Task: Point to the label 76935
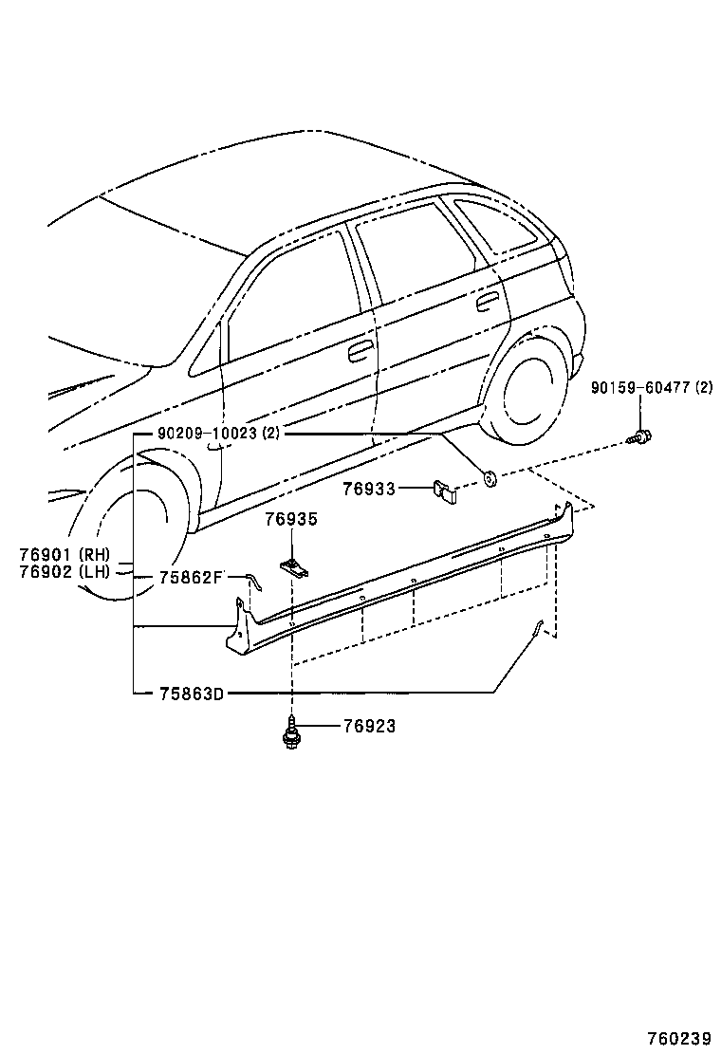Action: coord(291,520)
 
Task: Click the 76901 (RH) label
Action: coord(65,554)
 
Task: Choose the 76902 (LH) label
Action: coord(65,571)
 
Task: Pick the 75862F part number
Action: coord(190,576)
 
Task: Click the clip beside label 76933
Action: coord(444,490)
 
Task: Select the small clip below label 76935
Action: coord(295,566)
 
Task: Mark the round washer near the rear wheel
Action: coord(490,478)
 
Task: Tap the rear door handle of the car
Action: coord(488,303)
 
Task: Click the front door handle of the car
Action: coord(360,352)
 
